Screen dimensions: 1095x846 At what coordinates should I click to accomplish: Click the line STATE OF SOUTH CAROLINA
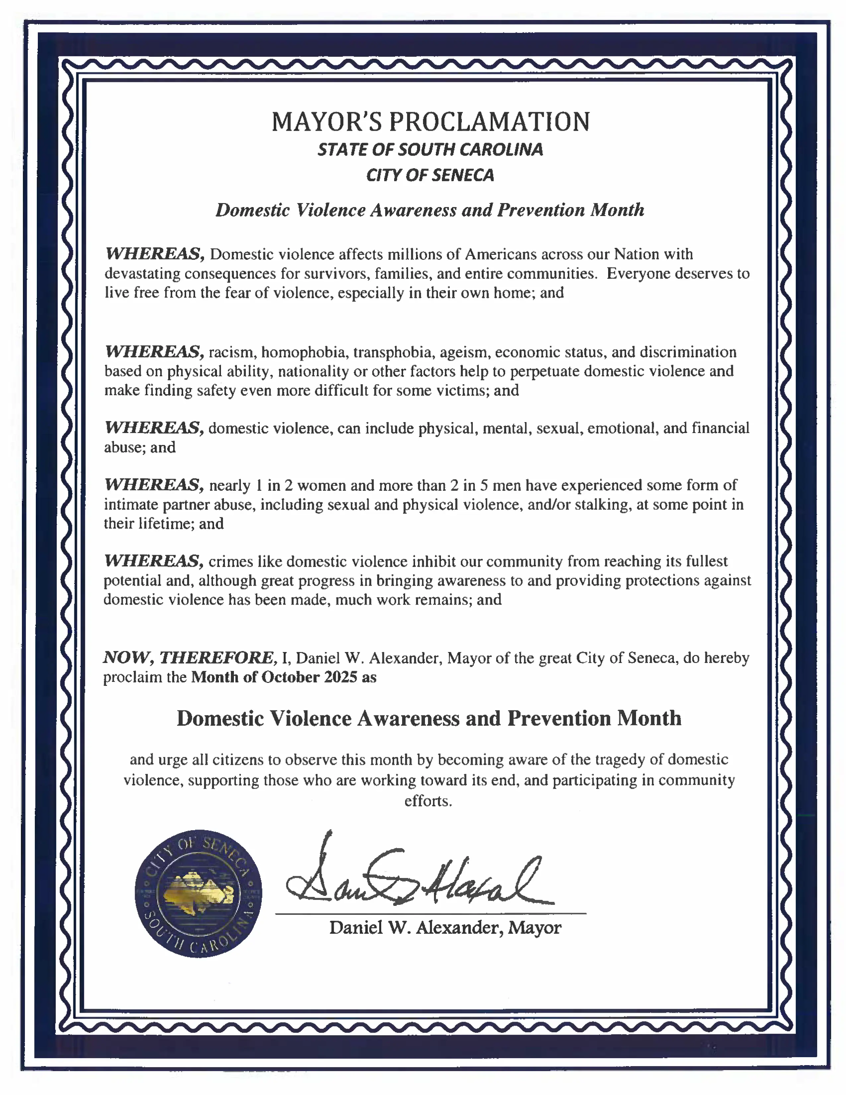[430, 149]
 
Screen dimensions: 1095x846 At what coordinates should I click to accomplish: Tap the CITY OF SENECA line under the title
[430, 175]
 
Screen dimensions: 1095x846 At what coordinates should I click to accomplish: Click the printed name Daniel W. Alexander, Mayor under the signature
[445, 927]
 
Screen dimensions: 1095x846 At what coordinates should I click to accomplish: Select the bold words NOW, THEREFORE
[189, 657]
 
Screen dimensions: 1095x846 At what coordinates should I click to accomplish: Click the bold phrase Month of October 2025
[274, 677]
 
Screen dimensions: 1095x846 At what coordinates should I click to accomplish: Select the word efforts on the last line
[428, 801]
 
